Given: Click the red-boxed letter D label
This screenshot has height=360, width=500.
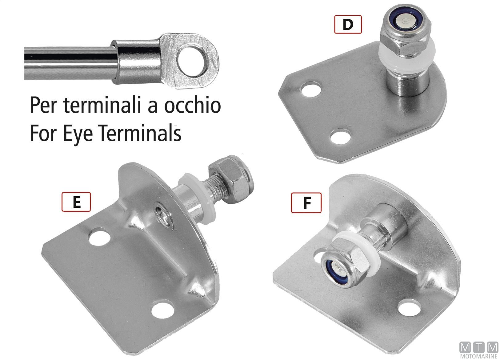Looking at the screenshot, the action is tap(348, 24).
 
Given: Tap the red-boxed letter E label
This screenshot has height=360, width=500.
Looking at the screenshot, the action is tap(76, 202).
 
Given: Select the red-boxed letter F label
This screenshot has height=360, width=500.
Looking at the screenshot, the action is tap(306, 203).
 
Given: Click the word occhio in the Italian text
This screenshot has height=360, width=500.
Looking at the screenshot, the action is tap(193, 105).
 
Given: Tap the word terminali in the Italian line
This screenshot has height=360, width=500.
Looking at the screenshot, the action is tap(102, 105).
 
